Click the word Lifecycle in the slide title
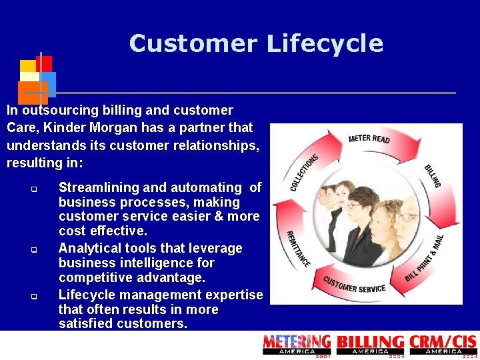(325, 44)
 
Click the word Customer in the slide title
(193, 44)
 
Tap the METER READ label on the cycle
(369, 138)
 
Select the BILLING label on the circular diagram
(433, 175)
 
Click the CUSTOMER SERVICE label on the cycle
(354, 285)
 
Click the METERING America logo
(297, 345)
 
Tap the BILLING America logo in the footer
(370, 345)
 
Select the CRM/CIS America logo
(443, 345)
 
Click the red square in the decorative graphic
(44, 63)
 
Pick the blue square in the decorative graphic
(49, 83)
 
